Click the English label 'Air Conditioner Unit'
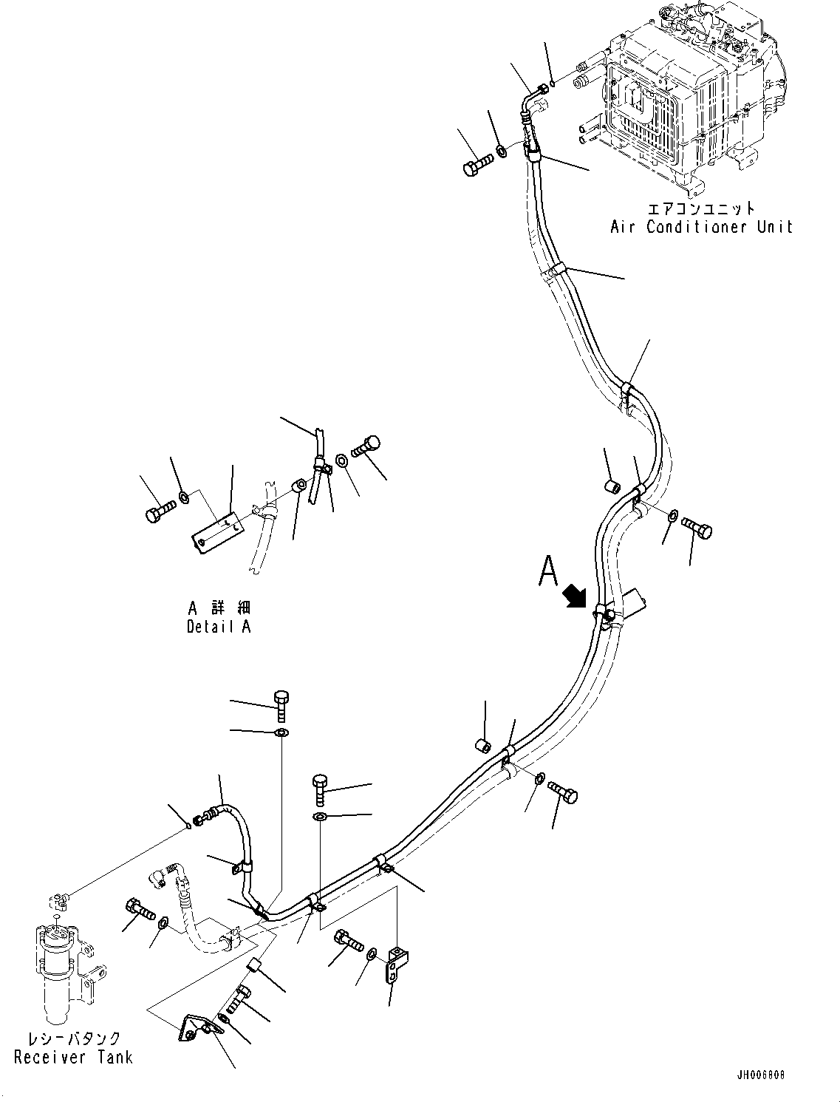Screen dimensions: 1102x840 click(x=700, y=227)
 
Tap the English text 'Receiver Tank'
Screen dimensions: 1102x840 click(x=73, y=1057)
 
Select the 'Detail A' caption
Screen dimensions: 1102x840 click(x=218, y=627)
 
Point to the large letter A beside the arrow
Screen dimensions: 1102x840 click(x=547, y=571)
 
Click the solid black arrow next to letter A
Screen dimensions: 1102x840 click(x=575, y=596)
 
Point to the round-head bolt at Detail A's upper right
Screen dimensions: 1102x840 click(x=366, y=446)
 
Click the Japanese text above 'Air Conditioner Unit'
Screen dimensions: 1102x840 click(x=700, y=208)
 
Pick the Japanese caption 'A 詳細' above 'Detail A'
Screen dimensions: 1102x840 click(x=219, y=608)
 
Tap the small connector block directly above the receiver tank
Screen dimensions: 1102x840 click(x=58, y=899)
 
